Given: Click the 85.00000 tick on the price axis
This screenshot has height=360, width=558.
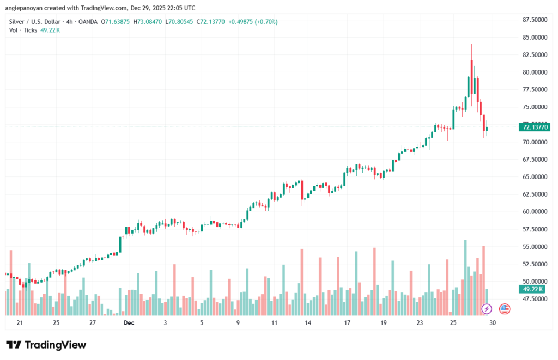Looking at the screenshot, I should click(x=534, y=38).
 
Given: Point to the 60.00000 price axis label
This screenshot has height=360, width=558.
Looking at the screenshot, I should click(x=534, y=212).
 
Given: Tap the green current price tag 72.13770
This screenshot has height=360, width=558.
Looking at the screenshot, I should click(x=536, y=127).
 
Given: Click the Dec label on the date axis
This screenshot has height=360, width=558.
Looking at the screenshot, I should click(x=129, y=322).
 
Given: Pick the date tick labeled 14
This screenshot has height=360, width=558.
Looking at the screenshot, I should click(x=308, y=322).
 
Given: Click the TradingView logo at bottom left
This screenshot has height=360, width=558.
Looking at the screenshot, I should click(x=46, y=345).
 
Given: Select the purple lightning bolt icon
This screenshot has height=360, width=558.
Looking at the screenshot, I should click(x=487, y=309).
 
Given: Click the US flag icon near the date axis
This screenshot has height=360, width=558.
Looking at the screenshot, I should click(x=505, y=309).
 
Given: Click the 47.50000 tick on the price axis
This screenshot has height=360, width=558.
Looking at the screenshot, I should click(x=534, y=299).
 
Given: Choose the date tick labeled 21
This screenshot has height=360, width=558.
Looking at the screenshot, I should click(x=20, y=322).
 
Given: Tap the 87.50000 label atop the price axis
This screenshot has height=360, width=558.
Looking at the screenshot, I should click(x=534, y=20).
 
